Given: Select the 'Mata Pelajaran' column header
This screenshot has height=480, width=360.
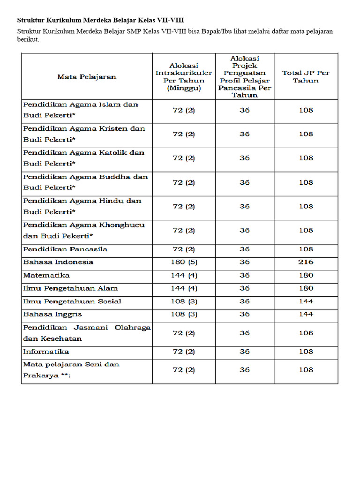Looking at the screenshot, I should pos(87,76).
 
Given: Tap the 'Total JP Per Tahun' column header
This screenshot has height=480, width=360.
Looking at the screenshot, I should pos(306,76).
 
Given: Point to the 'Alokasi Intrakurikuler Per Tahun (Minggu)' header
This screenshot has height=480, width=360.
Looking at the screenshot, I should pos(184,76).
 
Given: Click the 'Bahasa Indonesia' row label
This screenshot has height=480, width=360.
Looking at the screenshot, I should pos(58,262).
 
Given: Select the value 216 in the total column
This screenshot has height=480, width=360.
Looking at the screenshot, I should pos(306,262).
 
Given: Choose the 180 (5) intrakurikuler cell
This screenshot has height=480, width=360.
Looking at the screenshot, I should pos(184,262).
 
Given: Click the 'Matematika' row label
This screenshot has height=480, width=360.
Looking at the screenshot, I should pos(46,275).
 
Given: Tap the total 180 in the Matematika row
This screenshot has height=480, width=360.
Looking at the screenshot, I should pos(306,275).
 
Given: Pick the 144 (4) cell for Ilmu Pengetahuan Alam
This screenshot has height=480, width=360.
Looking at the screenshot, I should pos(184,288).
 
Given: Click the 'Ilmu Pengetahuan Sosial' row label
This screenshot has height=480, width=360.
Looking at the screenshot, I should pos(72,301).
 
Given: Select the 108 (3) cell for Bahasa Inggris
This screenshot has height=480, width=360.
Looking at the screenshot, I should pos(184,315).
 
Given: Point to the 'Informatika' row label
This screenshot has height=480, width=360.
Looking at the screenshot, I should pos(46,352).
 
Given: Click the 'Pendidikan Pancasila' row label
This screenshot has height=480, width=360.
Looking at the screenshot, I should pos(65,249).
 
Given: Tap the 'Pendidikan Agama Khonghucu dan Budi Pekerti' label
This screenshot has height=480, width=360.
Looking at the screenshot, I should pos(84,230).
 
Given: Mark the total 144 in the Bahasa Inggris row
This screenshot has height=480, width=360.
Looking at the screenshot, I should pos(306,315).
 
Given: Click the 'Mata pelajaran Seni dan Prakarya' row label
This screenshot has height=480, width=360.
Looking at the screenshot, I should pos(71,370).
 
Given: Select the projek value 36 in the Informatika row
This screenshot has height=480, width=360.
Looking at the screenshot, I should pos(245,352).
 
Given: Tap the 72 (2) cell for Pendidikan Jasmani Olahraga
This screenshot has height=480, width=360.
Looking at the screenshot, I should pos(184,333).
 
